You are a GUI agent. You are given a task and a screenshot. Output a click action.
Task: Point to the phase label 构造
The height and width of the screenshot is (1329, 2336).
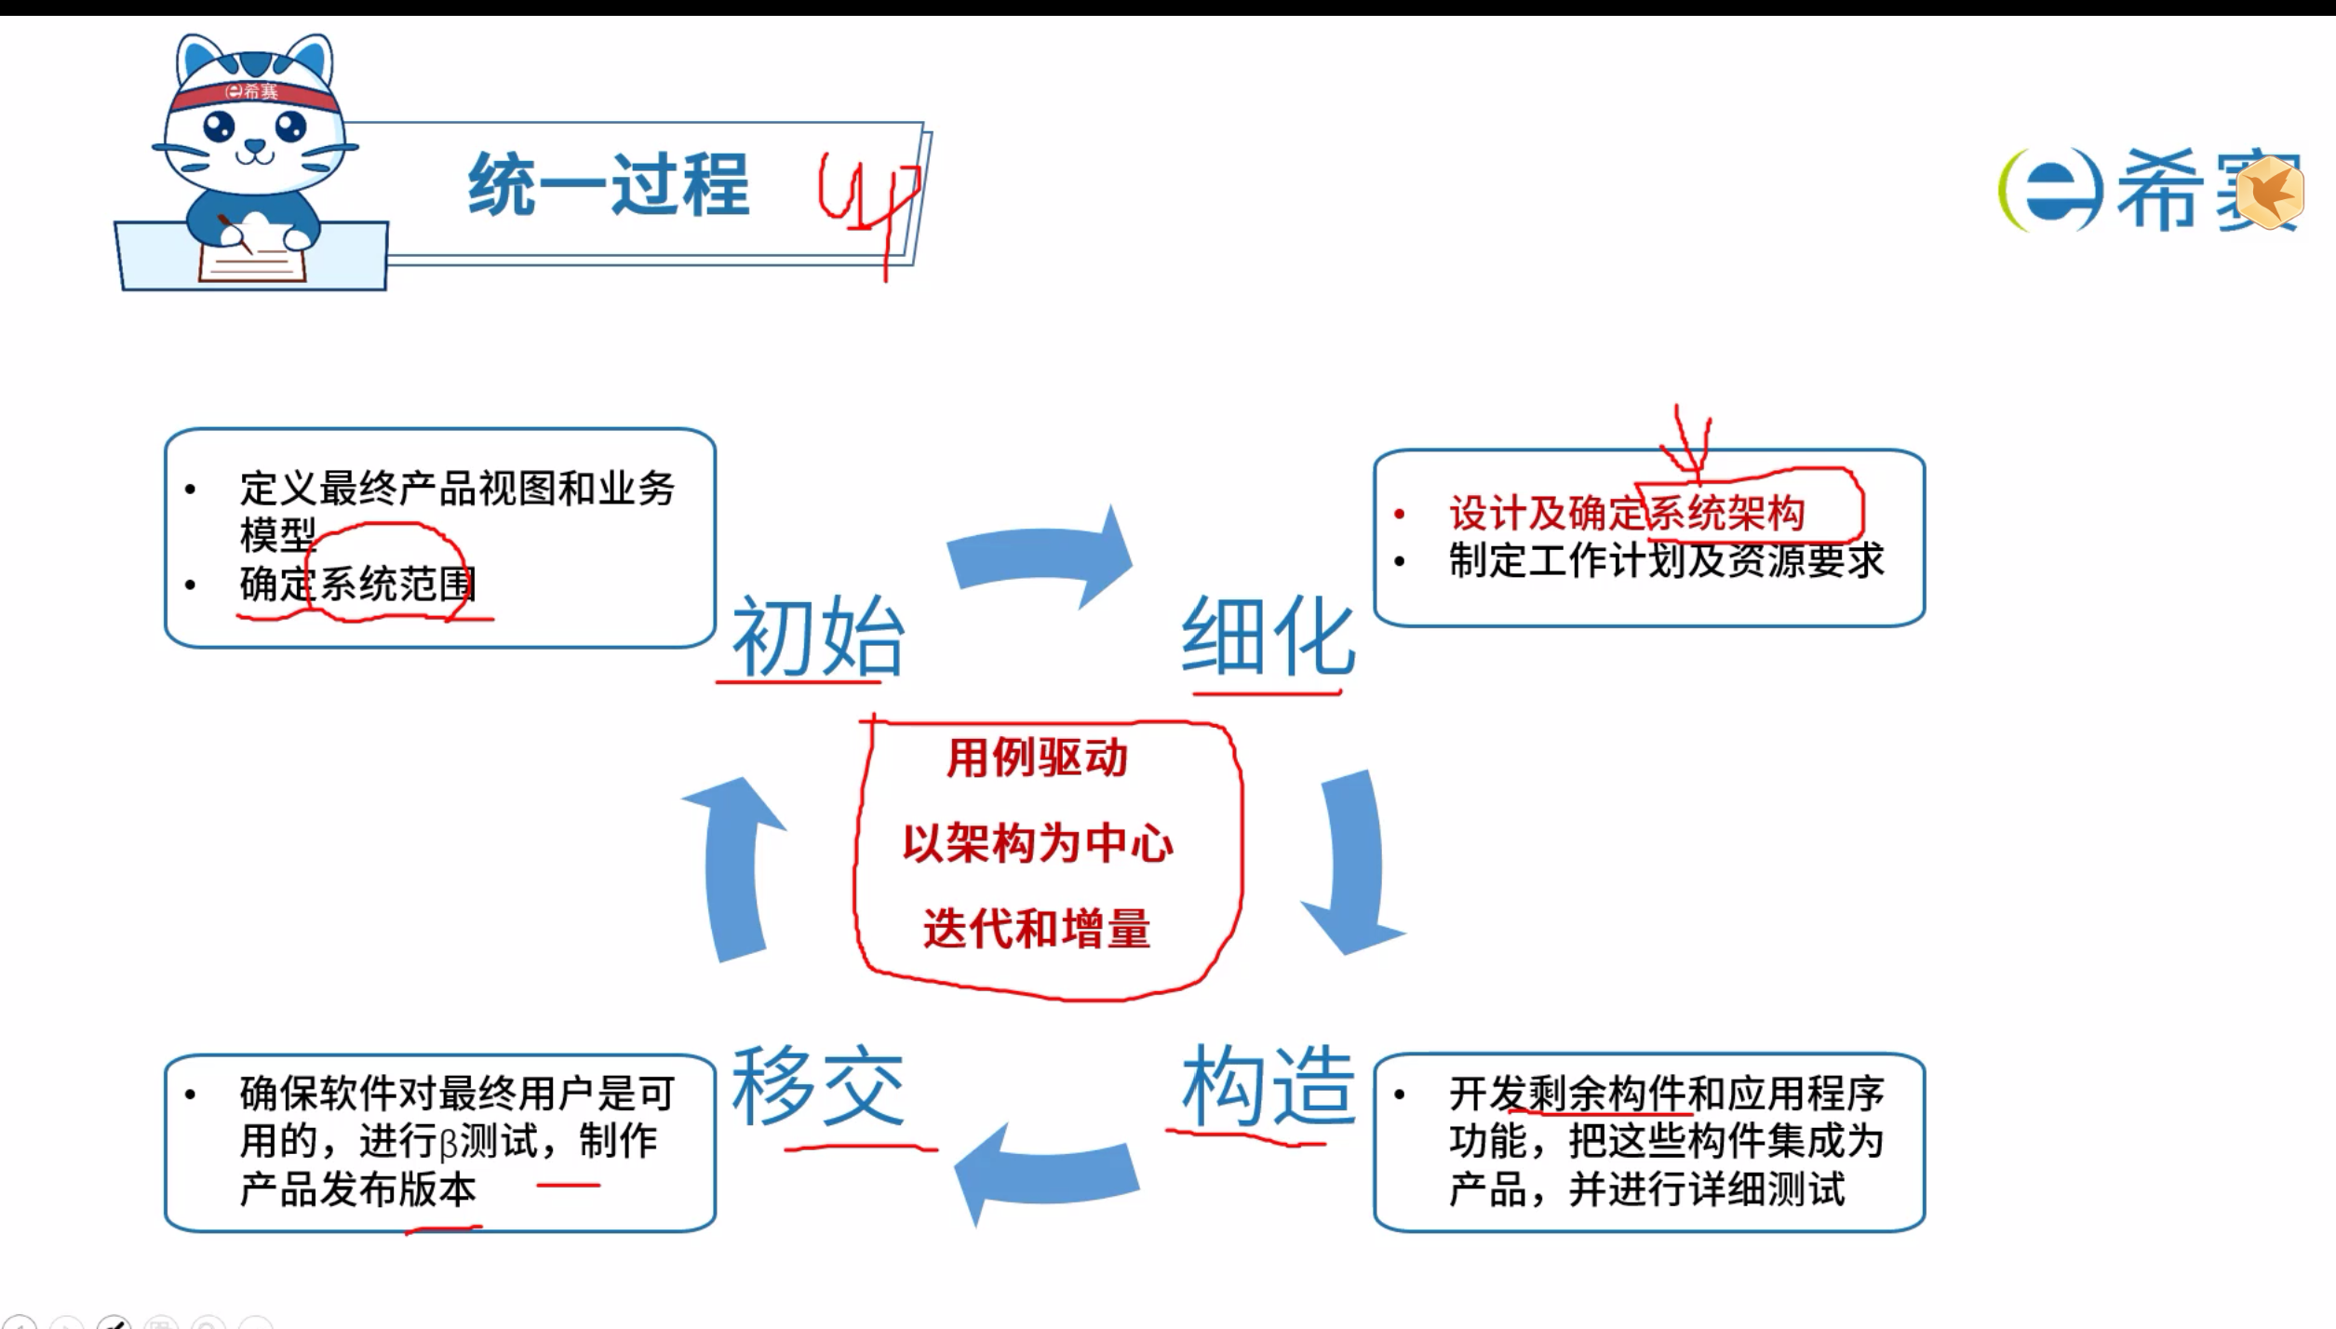click(x=1268, y=1085)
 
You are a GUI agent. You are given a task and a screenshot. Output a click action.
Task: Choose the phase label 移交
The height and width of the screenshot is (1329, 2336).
click(x=817, y=1085)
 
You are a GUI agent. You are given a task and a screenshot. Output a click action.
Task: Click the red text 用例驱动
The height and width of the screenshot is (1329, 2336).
click(x=1037, y=758)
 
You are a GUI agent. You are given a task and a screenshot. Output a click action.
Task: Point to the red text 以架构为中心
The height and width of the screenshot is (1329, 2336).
click(x=1038, y=844)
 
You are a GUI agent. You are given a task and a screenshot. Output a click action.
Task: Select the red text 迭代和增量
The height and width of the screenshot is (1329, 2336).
click(x=1037, y=929)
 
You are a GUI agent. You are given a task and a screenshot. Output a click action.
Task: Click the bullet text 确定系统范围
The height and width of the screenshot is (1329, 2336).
click(x=357, y=584)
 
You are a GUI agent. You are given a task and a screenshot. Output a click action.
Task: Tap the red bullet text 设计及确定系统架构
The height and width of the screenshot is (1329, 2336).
click(x=1626, y=513)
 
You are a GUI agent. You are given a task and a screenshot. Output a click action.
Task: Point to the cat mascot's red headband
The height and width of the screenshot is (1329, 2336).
click(x=252, y=92)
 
